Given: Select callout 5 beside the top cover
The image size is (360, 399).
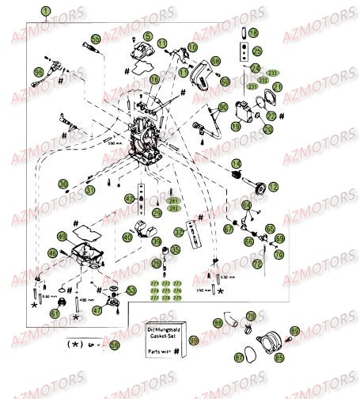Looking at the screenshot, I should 147,36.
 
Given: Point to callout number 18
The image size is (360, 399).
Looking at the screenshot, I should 252,33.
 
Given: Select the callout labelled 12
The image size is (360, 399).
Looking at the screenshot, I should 274,186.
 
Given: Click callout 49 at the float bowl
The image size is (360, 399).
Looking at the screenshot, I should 63,236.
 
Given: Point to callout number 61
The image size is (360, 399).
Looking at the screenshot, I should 55,313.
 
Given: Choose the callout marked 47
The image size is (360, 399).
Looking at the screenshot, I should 97,311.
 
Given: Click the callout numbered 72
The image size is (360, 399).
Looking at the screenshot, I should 256,263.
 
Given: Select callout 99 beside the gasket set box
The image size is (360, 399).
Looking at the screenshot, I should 194,340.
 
